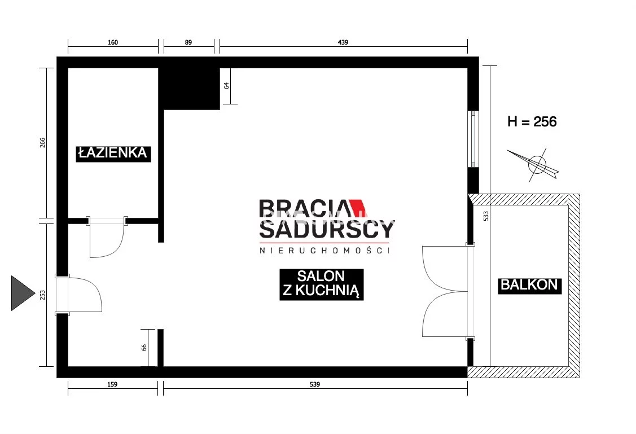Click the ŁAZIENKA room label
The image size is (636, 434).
click(113, 154)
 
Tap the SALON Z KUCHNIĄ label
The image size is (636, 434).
click(321, 284)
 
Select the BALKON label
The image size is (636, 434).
click(529, 285)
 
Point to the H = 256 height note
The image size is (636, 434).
click(532, 122)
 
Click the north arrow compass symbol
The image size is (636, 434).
click(535, 164)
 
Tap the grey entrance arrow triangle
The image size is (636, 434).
click(23, 293)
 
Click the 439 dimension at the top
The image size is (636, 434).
click(343, 42)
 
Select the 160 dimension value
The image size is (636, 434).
click(113, 42)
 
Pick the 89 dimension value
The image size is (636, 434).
click(188, 42)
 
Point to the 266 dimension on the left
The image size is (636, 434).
click(42, 143)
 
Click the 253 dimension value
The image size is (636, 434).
click(42, 295)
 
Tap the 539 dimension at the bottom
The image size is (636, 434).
click(315, 384)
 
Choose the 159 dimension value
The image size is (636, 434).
click(112, 384)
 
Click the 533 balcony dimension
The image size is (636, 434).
click(486, 216)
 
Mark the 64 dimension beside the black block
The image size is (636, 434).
click(226, 86)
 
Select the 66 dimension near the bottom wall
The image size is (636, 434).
click(144, 347)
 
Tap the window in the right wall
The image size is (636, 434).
click(473, 139)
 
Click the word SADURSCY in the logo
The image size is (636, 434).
click(327, 230)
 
